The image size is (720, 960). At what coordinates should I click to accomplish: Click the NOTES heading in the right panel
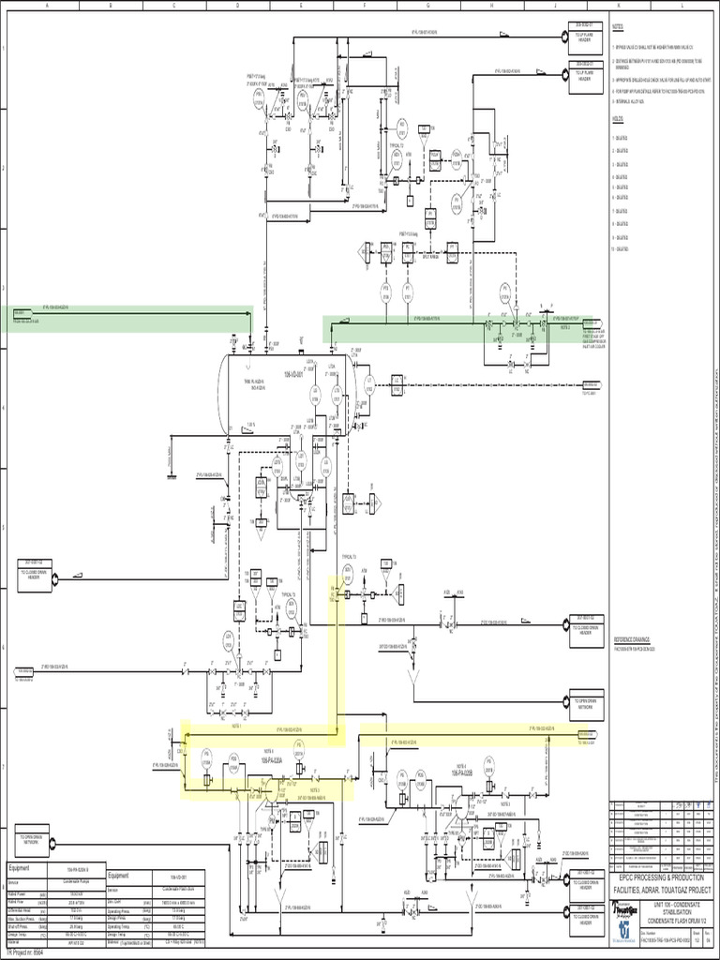(x=618, y=28)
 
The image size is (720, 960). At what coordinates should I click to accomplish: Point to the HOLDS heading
(x=617, y=119)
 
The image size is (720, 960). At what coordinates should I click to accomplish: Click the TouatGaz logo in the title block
(x=626, y=911)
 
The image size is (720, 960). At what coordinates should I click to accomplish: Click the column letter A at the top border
(x=45, y=6)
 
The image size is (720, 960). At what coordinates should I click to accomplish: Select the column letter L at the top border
(x=681, y=6)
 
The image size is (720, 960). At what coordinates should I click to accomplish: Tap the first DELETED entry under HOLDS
(x=622, y=136)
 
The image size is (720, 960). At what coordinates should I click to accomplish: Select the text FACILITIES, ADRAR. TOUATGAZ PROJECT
(x=662, y=889)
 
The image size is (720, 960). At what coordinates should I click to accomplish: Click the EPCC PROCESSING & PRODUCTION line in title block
(x=662, y=876)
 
